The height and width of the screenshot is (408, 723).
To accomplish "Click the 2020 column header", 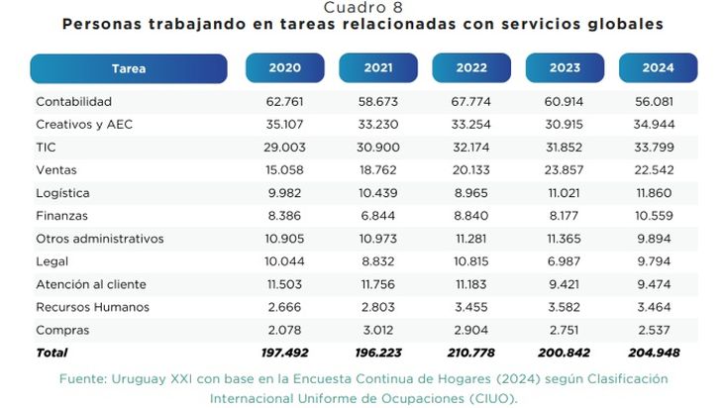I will point(284,68).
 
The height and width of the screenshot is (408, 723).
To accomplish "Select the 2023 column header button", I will point(565,68).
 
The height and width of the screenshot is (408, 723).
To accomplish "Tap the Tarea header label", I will point(129,68).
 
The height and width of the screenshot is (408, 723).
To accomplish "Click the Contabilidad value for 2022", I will point(471,102).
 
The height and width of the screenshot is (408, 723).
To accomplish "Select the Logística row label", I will point(62,193).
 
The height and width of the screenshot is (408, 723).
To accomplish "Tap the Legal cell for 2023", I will point(565,261).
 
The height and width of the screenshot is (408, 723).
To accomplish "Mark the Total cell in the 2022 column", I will point(471,353).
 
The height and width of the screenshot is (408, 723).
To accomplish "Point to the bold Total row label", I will point(52,353).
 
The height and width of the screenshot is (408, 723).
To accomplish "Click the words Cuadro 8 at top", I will point(362,7).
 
